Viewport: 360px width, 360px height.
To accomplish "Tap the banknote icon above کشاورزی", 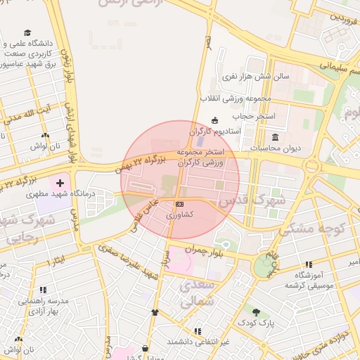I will [x=179, y=203].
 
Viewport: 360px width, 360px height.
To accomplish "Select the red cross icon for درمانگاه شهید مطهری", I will [x=60, y=183].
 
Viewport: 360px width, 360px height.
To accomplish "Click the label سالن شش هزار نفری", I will [x=252, y=76].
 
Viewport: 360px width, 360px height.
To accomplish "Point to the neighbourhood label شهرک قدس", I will [x=252, y=201].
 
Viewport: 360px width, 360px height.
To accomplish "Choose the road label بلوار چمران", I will [x=204, y=250].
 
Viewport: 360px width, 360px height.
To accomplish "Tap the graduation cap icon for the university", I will [x=27, y=33].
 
